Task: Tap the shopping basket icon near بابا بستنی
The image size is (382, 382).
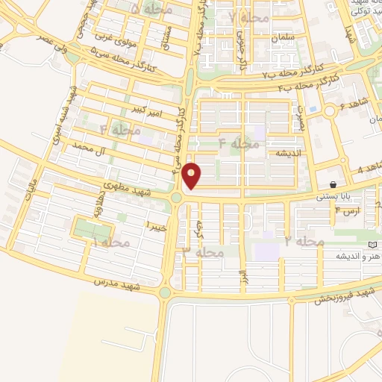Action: [x=332, y=184]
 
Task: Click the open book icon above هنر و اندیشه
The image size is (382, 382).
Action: [x=372, y=244]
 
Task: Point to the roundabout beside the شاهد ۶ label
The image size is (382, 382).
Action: [x=329, y=113]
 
